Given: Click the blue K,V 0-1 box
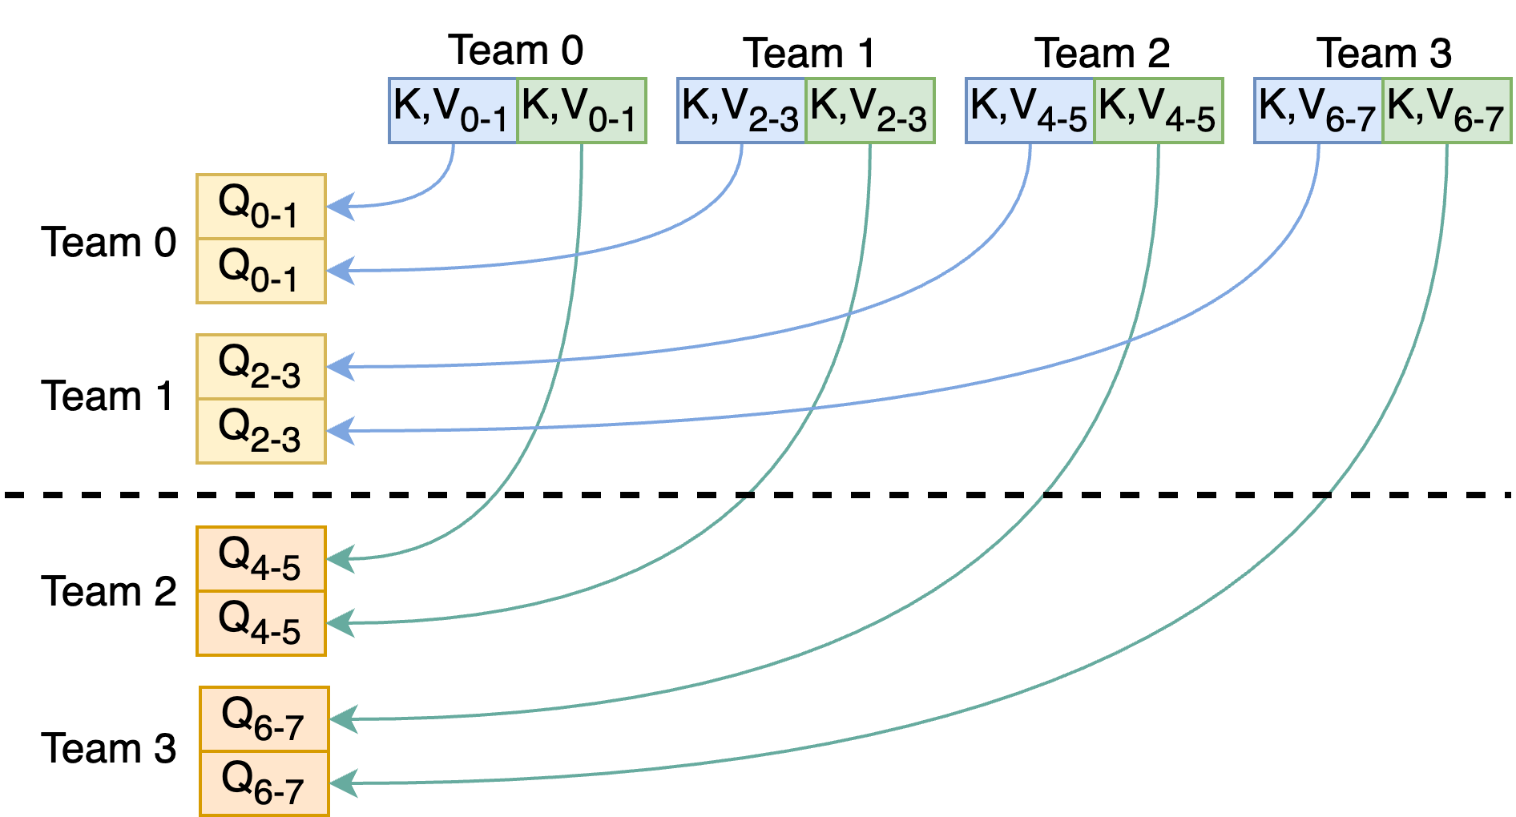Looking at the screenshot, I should pos(453,111).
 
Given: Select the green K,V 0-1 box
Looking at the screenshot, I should pos(582,111).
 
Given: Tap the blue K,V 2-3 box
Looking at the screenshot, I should pos(741,111).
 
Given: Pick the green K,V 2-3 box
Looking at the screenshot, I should pos(870,111).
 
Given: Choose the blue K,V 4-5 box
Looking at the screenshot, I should pos(1030,111).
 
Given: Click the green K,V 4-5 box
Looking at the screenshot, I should pos(1159,111).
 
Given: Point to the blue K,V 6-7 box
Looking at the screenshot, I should pos(1318,111).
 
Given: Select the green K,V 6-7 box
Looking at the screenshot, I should pos(1447,111).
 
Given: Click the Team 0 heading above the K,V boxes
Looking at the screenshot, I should pos(516,50).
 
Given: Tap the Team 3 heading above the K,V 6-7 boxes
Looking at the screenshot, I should pos(1384,54).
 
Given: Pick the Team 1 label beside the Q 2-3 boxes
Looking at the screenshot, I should pos(108,396).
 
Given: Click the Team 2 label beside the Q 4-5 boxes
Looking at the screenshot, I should pos(108,592).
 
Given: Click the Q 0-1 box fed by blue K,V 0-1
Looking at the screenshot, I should pos(261,207).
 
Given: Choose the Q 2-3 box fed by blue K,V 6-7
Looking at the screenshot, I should pos(261,431).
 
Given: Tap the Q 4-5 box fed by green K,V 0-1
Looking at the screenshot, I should pos(261,559).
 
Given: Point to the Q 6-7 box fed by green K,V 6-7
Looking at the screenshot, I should pos(264,783).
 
